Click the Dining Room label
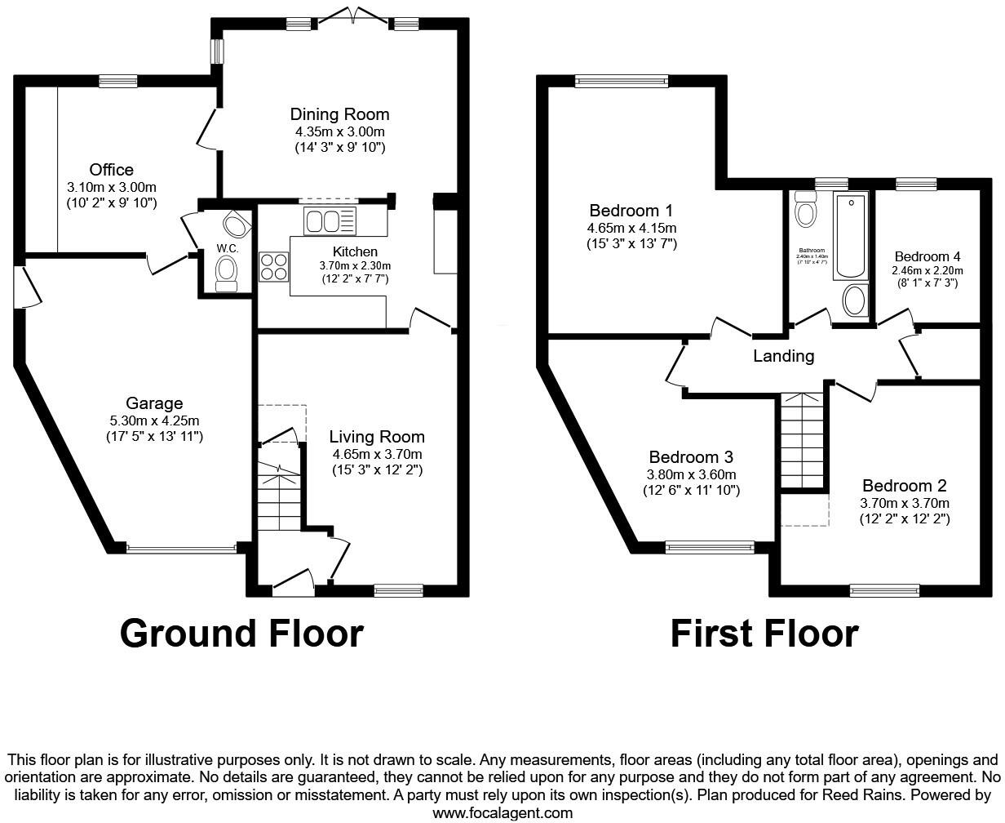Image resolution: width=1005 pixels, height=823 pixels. point(339,114)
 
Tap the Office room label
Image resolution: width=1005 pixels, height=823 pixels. point(112,170)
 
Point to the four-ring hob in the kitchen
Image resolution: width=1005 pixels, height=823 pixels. point(274,267)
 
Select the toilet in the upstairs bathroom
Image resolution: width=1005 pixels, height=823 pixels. point(805,210)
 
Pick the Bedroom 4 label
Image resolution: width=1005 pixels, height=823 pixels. point(928,256)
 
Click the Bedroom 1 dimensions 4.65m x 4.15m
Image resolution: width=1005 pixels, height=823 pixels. point(631,228)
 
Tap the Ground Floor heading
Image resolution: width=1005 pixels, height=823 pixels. point(241,634)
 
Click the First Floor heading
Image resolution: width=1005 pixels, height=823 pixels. point(764,634)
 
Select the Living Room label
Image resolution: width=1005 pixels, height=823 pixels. point(377,437)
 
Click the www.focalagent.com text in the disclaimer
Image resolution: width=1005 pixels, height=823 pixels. point(502,812)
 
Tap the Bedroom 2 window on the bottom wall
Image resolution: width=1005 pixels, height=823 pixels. point(884,589)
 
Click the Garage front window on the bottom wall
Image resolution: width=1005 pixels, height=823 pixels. point(180,549)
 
